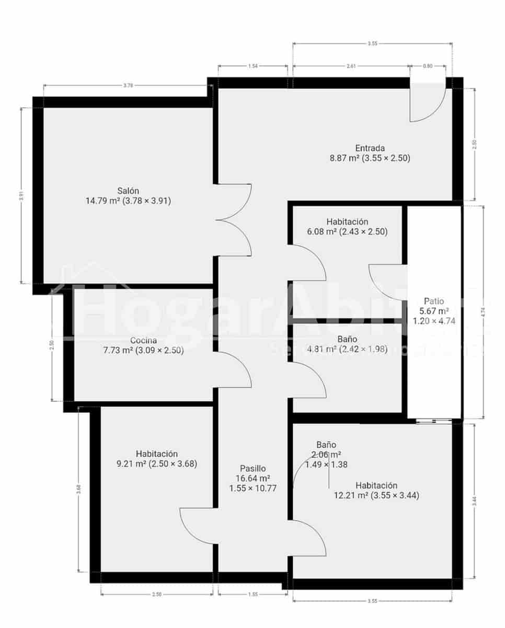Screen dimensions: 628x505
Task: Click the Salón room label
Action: (128, 190)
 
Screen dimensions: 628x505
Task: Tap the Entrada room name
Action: (370, 148)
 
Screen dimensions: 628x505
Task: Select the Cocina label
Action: (144, 341)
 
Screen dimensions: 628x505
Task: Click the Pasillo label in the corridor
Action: (253, 468)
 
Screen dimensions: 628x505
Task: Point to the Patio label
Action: (434, 301)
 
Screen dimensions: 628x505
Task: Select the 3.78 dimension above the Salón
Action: (128, 85)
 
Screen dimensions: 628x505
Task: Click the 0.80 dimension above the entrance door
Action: (427, 66)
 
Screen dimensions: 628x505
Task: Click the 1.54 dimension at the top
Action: (252, 66)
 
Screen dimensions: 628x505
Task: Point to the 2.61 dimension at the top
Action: (351, 66)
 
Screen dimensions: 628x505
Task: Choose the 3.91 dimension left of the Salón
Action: (21, 195)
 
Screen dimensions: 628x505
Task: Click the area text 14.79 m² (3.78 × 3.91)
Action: (128, 200)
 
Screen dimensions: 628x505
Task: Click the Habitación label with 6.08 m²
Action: (347, 222)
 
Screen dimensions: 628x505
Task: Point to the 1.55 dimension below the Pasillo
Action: (252, 594)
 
